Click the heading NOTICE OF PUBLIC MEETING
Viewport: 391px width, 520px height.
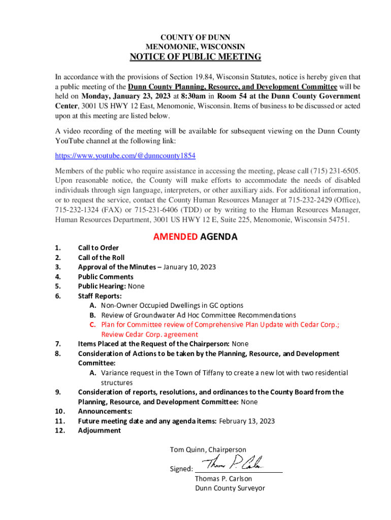(195, 57)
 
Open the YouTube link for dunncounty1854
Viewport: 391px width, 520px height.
(125, 155)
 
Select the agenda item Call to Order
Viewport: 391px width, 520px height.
(98, 248)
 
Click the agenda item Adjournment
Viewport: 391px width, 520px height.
(99, 431)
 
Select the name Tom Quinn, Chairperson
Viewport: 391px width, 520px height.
(208, 449)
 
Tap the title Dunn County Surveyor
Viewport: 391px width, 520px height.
(230, 488)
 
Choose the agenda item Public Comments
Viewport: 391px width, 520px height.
(106, 277)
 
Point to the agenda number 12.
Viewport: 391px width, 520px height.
(59, 431)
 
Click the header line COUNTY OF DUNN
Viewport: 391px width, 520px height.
(195, 38)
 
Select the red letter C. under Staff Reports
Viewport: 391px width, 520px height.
(93, 324)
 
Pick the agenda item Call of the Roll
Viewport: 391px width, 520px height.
(101, 257)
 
